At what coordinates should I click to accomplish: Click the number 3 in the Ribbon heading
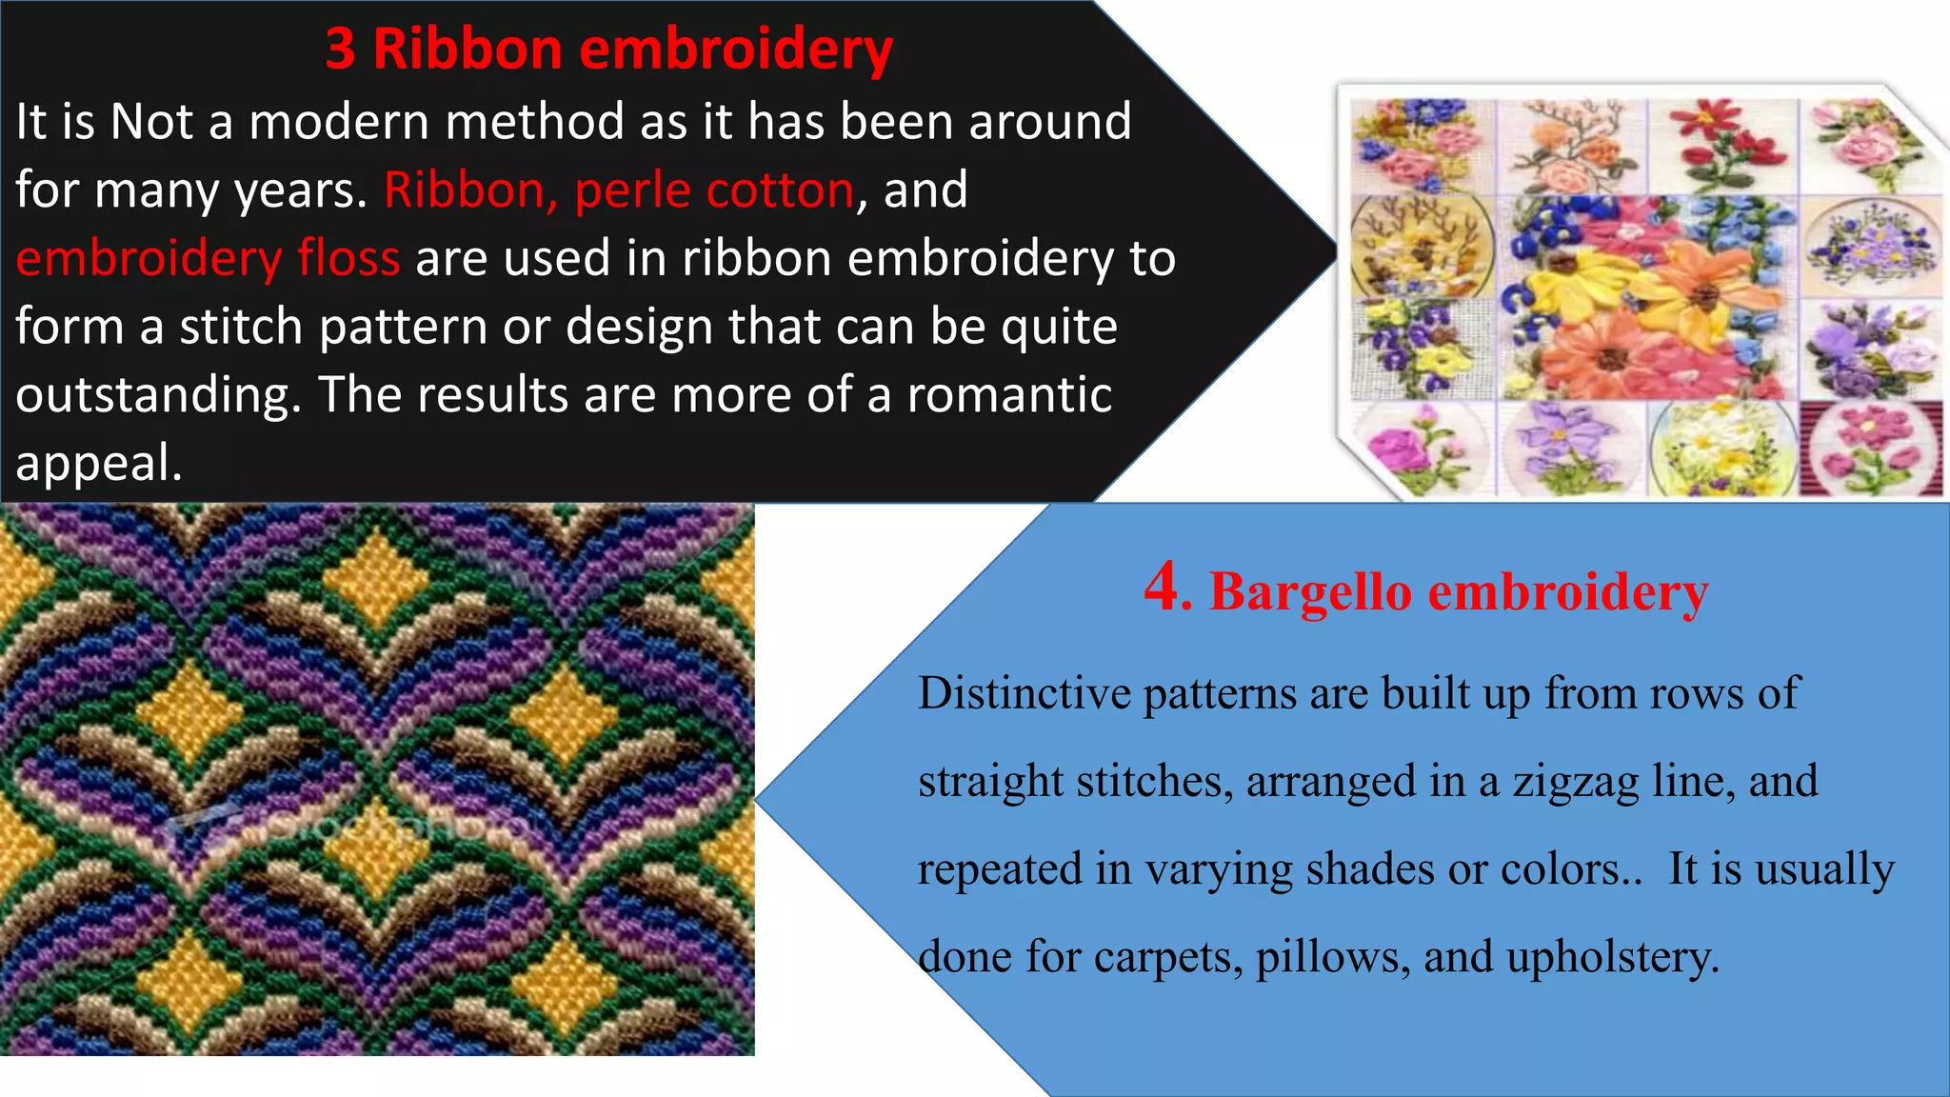point(341,50)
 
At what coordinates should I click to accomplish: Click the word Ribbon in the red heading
point(468,50)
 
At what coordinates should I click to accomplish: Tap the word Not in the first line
point(151,123)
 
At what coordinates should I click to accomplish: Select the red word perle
point(632,190)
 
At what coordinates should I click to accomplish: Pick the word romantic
point(1008,395)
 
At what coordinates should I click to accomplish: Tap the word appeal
point(97,464)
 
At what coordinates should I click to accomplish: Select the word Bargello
point(1310,592)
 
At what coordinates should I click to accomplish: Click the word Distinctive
point(1024,693)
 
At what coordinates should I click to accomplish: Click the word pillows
point(1332,957)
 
